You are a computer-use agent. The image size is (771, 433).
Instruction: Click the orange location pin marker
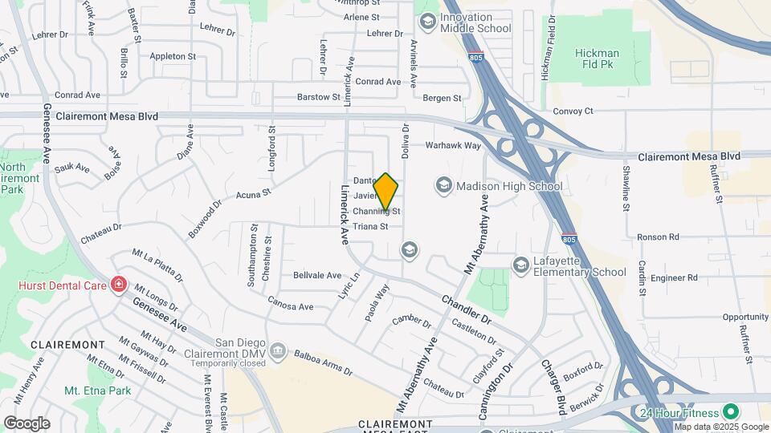click(385, 192)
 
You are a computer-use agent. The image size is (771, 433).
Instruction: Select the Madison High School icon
click(443, 186)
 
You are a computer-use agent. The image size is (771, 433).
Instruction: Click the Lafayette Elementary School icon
click(520, 265)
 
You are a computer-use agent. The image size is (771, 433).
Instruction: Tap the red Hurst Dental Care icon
click(119, 284)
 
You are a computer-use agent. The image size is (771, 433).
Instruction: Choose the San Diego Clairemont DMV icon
click(278, 350)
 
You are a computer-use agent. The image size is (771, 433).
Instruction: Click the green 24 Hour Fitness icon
click(730, 412)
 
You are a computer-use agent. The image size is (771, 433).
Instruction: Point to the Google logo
click(27, 423)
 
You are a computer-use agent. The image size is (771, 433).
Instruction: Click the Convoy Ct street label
click(573, 111)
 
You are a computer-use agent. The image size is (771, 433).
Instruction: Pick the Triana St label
click(370, 226)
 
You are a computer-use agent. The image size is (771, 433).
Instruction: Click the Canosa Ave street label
click(290, 306)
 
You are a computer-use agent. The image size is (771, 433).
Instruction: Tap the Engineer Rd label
click(675, 278)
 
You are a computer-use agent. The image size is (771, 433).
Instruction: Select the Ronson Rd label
click(658, 237)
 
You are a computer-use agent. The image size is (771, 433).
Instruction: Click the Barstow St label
click(319, 97)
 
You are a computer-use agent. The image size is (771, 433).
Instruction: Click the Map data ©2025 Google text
click(721, 426)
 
